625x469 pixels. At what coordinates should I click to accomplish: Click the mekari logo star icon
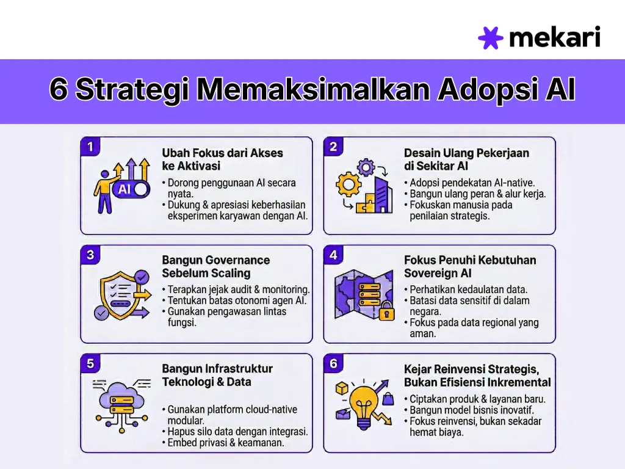491,38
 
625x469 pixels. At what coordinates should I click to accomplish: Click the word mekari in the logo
554,37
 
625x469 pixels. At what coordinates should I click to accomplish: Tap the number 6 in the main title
59,90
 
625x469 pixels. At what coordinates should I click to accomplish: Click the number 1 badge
90,147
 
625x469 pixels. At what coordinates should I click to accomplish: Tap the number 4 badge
333,255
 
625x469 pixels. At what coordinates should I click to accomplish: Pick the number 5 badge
90,364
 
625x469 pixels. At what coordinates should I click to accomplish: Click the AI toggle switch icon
131,189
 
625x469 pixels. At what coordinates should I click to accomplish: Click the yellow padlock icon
386,313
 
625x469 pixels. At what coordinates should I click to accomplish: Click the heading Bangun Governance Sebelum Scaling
215,267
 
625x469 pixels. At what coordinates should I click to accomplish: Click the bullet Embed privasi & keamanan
226,443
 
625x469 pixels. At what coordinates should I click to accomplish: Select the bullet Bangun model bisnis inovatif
471,410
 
